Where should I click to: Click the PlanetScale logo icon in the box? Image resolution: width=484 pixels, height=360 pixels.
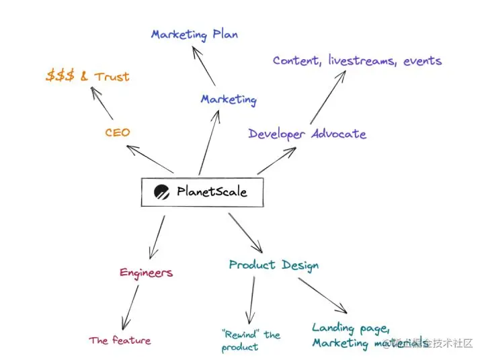(161, 192)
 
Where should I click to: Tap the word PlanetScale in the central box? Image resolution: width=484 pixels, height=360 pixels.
(212, 191)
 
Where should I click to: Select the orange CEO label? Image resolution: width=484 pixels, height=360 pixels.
(117, 132)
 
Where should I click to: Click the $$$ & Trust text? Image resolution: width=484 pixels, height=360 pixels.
(87, 76)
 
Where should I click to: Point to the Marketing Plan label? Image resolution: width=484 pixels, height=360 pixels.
(194, 34)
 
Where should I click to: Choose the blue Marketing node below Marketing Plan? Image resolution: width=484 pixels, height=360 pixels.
(229, 99)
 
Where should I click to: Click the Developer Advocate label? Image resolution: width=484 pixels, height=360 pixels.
(307, 134)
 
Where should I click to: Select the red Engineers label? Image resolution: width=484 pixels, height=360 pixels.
(146, 272)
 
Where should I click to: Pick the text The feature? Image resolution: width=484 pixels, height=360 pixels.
(120, 341)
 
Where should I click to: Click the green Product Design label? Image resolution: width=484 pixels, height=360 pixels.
(274, 265)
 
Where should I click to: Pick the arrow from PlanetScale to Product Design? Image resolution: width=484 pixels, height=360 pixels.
(245, 230)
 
